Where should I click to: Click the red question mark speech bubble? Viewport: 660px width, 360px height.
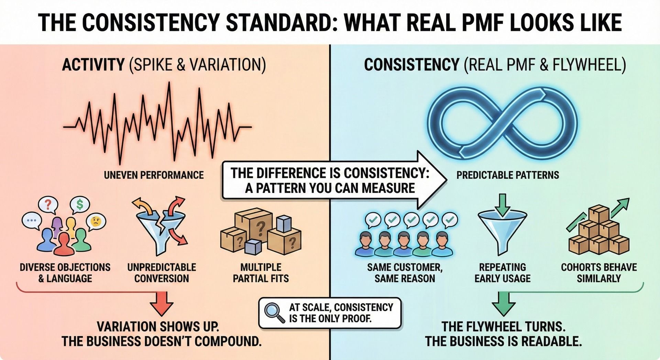coord(48,205)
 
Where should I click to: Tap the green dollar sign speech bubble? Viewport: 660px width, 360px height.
coord(80,205)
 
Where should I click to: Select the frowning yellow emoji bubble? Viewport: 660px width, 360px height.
coord(96,221)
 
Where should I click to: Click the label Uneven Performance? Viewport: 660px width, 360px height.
coord(154,175)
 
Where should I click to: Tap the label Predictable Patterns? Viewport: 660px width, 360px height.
coord(507,175)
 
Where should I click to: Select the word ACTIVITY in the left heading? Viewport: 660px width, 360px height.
coord(93,65)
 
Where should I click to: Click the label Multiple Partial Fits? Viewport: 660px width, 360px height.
coord(261,273)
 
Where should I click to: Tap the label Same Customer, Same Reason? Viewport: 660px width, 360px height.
coord(405,273)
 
